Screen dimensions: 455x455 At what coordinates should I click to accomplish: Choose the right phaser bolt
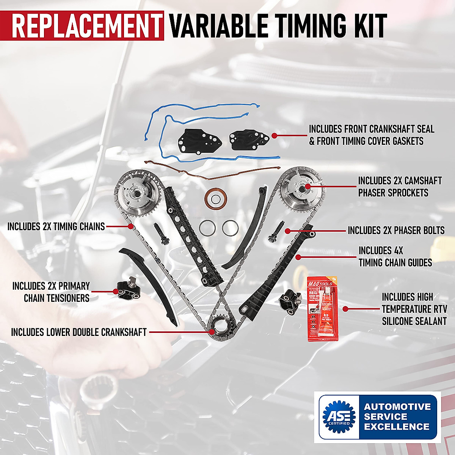pyautogui.click(x=275, y=231)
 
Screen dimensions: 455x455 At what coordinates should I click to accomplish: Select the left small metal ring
pyautogui.click(x=207, y=228)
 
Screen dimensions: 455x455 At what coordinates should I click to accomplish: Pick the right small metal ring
pyautogui.click(x=230, y=228)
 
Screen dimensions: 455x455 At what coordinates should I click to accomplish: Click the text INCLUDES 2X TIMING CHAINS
pyautogui.click(x=56, y=227)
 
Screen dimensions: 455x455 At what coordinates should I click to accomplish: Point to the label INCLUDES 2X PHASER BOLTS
pyautogui.click(x=401, y=230)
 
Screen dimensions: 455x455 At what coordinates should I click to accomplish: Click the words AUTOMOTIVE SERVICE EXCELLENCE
pyautogui.click(x=397, y=417)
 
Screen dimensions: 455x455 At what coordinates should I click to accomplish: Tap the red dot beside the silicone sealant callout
pyautogui.click(x=346, y=309)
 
